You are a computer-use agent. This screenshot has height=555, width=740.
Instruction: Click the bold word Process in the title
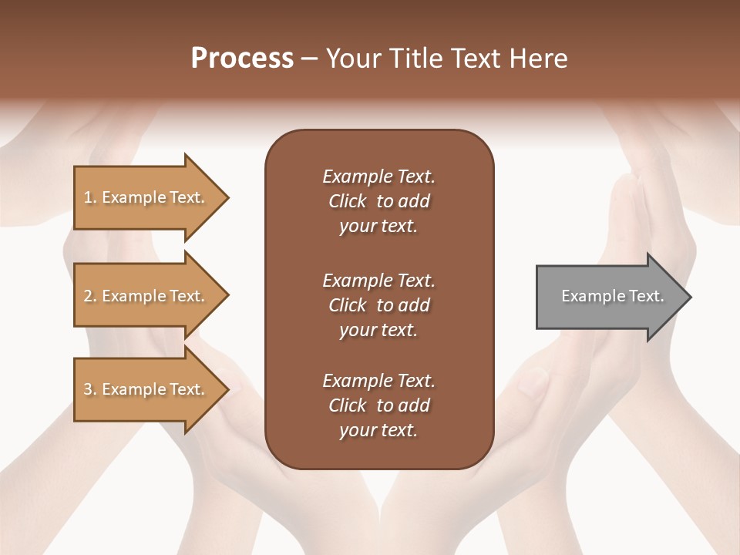tap(242, 59)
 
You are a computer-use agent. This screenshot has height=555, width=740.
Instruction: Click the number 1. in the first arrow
tap(89, 197)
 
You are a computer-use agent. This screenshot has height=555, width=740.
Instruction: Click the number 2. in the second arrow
tap(89, 296)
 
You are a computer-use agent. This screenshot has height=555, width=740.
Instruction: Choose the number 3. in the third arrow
tap(89, 389)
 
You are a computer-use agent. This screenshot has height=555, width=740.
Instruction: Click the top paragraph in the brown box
tap(378, 201)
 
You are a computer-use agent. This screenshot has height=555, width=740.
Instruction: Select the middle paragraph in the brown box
tap(378, 305)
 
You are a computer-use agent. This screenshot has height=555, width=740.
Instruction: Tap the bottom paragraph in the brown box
tap(378, 405)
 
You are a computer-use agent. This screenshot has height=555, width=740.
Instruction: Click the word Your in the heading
tap(351, 59)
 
